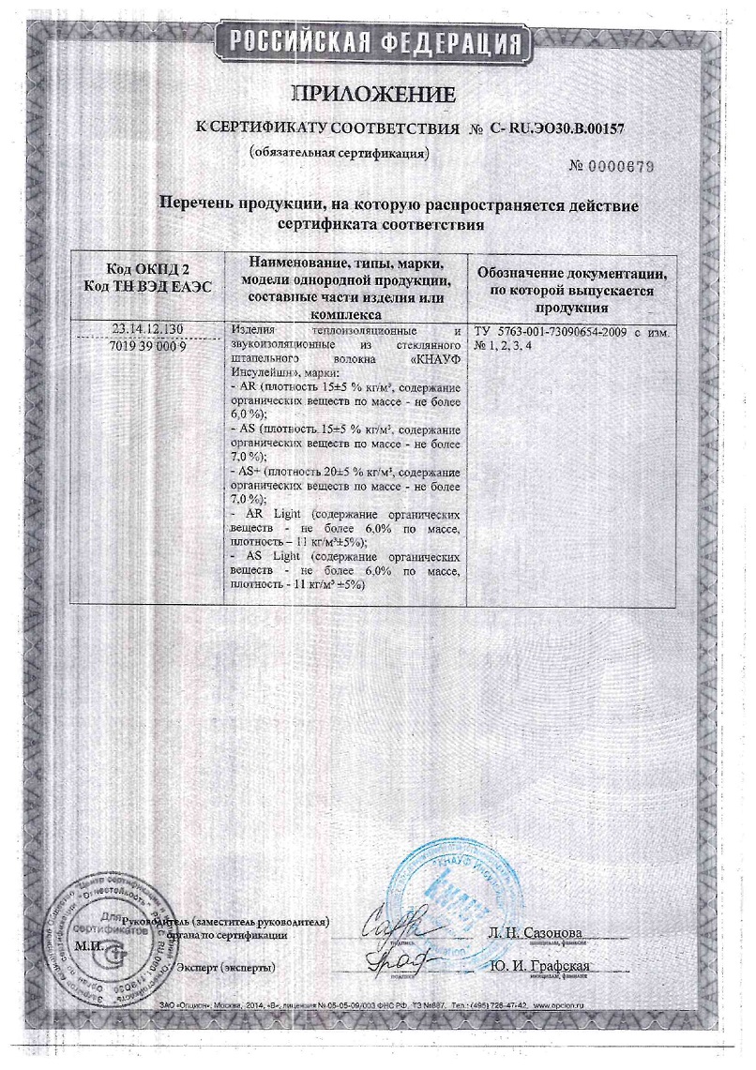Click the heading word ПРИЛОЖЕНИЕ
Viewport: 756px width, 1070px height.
[x=375, y=94]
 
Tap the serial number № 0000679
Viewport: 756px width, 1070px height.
[x=611, y=166]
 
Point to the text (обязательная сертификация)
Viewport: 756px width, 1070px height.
[x=339, y=152]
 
